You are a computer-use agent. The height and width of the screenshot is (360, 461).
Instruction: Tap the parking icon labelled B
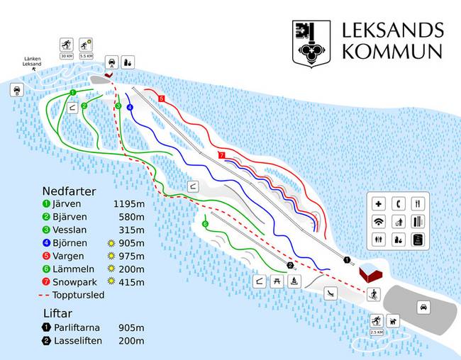click(16, 90)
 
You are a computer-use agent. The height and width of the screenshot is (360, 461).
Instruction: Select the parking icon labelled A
click(111, 62)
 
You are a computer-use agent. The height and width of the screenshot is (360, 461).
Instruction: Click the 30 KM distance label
click(67, 55)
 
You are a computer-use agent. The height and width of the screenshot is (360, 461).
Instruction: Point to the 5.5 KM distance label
click(87, 55)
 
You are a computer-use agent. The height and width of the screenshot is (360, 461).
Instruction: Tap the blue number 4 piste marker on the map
click(130, 107)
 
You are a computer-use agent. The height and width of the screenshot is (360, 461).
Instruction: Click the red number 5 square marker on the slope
click(162, 99)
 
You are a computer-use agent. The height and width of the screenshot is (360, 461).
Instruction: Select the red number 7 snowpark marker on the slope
click(222, 155)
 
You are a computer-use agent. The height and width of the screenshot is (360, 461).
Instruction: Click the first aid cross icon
click(379, 203)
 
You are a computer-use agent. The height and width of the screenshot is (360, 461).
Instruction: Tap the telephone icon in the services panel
click(399, 203)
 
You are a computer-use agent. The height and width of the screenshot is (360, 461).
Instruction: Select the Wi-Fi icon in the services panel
click(379, 222)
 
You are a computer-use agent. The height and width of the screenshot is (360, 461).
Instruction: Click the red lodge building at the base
click(370, 273)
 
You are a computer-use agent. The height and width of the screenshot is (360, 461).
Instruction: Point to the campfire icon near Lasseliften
click(295, 281)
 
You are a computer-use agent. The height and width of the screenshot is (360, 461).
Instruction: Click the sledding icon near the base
click(330, 292)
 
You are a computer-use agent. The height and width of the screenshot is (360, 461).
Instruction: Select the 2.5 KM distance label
click(377, 332)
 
